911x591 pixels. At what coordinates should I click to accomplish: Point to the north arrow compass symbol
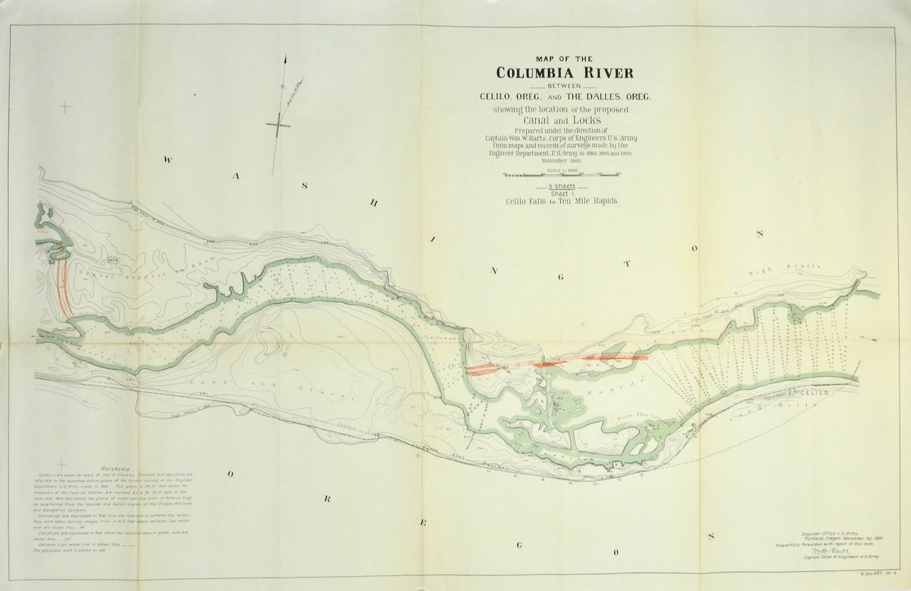[279, 124]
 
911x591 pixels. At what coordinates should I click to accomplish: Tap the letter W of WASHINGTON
[167, 160]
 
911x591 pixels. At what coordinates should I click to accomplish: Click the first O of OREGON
[231, 474]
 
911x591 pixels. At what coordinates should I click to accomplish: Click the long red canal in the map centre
[555, 363]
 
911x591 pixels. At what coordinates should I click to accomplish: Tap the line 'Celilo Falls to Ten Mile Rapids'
[562, 202]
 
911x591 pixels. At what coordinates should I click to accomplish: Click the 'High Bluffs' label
[794, 269]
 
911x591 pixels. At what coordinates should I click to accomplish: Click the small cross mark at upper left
[65, 108]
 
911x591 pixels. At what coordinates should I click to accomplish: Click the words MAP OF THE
[564, 59]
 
